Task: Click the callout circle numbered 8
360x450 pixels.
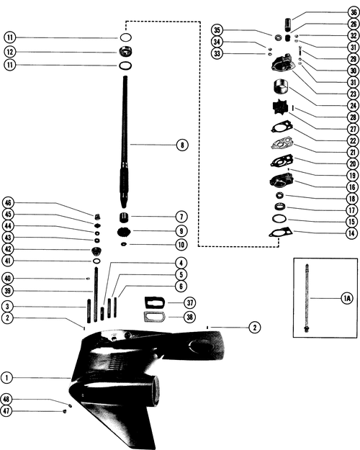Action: coord(182,145)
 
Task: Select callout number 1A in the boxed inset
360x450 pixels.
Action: coord(347,299)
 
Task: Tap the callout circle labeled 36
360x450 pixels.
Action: coord(354,12)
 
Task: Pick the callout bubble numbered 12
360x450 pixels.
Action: coord(10,52)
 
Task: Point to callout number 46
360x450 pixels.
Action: coord(8,203)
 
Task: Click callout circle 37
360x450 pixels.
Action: coord(190,302)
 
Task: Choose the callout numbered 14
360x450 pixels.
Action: coord(351,233)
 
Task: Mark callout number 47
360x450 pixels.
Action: coord(6,410)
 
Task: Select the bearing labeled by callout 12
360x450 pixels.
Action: coord(126,52)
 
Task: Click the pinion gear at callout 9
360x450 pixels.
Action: coord(124,231)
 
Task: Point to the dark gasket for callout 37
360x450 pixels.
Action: coord(155,303)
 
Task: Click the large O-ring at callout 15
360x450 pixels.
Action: coord(279,219)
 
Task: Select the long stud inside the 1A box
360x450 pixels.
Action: coord(307,297)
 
